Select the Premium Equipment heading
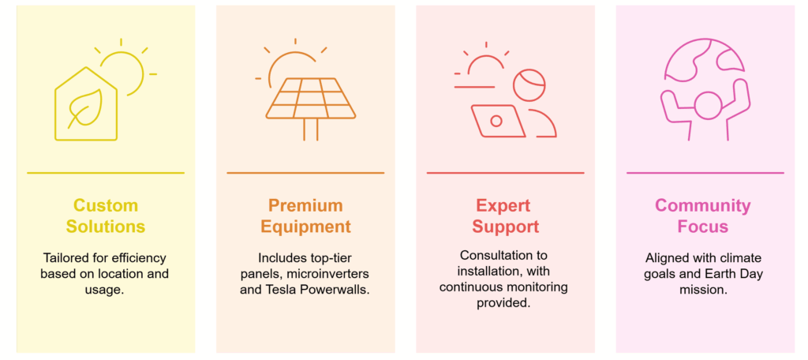tap(305, 216)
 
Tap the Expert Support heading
tap(506, 216)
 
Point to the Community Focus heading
tap(703, 216)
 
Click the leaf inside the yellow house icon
tap(86, 108)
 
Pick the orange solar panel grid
tap(311, 98)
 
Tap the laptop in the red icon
tap(498, 122)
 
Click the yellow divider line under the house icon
tap(106, 173)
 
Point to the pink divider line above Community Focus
tap(705, 173)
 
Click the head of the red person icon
tap(529, 85)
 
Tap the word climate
tap(742, 257)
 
